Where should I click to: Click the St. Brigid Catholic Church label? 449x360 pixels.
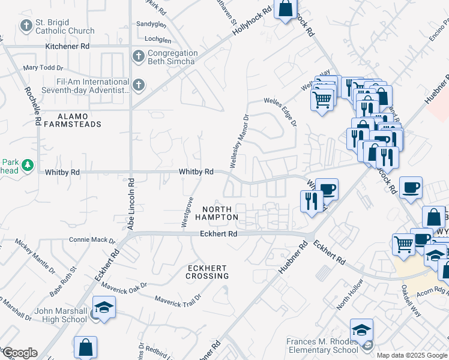[65, 26]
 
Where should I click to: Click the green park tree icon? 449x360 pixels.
[27, 164]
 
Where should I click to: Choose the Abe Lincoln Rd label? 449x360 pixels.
[131, 201]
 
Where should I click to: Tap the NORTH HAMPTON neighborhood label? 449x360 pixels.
[216, 213]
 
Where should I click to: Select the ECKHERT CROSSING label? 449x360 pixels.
[207, 272]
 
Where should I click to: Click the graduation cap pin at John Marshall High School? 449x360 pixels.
[103, 307]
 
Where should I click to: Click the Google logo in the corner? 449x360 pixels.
[19, 353]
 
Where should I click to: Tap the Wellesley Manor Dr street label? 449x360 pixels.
[238, 141]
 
